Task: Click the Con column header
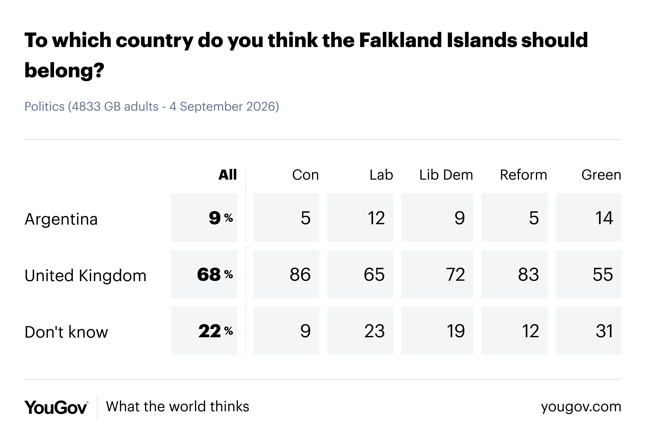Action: click(x=305, y=175)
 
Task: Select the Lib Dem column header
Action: click(x=446, y=175)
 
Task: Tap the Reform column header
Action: click(x=523, y=175)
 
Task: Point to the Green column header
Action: click(x=601, y=175)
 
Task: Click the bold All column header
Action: click(x=228, y=175)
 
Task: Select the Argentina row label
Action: click(x=61, y=219)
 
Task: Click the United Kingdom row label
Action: click(x=85, y=276)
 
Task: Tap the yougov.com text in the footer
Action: click(x=581, y=407)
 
